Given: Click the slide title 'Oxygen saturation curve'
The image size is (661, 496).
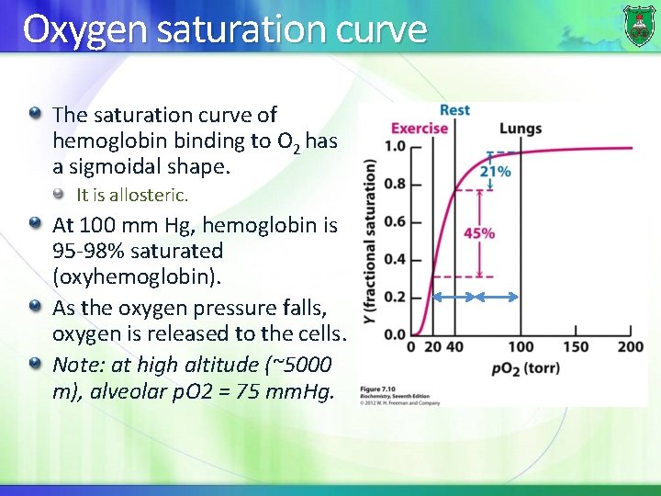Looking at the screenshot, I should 225,29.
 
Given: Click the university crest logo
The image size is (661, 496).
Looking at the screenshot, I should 639,25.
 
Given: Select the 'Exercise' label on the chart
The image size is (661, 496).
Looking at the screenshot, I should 420,128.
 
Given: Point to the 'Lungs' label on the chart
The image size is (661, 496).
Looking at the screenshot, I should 521,129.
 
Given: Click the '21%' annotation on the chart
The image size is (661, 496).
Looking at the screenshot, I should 496,172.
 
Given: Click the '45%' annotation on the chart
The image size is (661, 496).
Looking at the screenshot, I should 478,233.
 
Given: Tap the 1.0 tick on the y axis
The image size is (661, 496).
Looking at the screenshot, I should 394,147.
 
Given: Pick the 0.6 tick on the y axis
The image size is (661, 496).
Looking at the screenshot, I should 394,221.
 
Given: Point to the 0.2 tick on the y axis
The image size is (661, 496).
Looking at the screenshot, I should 394,297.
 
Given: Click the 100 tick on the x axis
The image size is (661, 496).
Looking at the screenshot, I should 520,347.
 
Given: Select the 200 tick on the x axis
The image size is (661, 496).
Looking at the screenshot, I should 630,347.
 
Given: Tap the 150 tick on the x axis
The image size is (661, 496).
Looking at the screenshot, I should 575,347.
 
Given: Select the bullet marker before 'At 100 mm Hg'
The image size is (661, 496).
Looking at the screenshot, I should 35,222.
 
